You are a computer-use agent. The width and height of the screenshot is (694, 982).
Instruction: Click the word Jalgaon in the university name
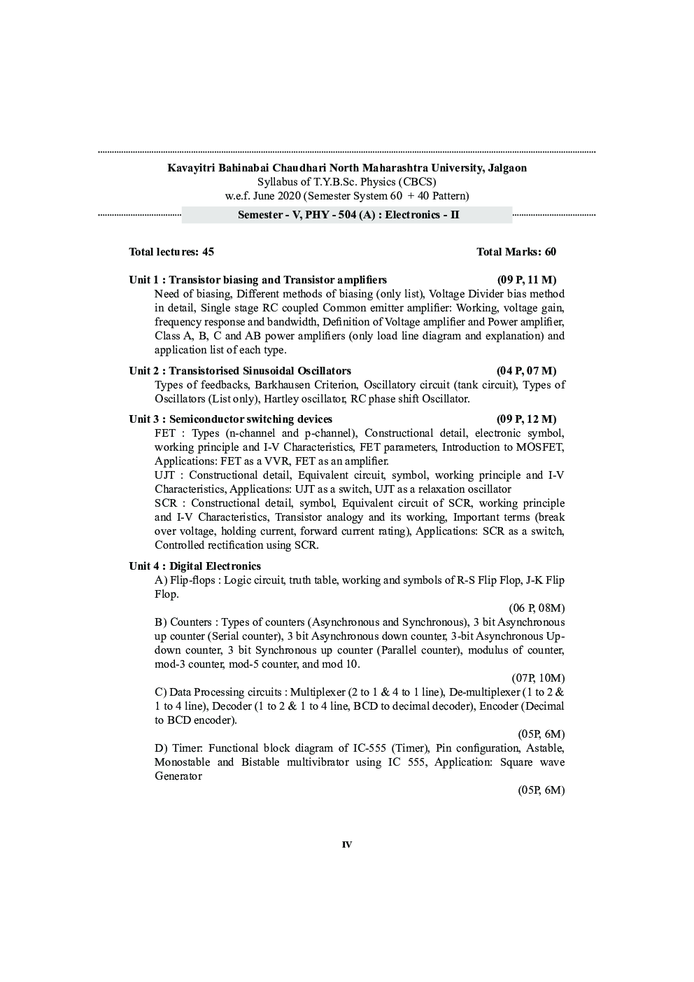click(x=504, y=168)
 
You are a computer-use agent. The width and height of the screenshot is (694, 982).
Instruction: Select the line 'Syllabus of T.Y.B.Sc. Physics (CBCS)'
click(x=346, y=182)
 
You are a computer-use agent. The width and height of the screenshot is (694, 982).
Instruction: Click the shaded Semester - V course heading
click(x=348, y=215)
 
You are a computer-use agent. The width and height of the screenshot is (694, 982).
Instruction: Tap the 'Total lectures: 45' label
click(x=171, y=252)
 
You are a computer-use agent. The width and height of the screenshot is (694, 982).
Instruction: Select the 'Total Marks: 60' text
click(x=516, y=252)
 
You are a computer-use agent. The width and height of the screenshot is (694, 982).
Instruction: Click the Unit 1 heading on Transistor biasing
click(x=257, y=280)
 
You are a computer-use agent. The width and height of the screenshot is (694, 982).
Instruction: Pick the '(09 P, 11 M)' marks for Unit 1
click(x=526, y=280)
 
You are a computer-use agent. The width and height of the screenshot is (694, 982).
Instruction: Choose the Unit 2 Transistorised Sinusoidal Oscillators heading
click(x=240, y=371)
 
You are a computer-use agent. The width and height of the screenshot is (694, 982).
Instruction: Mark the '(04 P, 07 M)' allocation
click(x=526, y=371)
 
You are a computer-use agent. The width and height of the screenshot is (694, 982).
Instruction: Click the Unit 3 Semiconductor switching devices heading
click(x=230, y=419)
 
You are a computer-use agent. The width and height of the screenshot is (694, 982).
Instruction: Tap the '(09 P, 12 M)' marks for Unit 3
click(x=526, y=419)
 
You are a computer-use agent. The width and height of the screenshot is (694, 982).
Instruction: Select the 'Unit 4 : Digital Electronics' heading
click(x=194, y=566)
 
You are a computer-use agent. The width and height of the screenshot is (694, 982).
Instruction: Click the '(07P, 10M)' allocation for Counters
click(x=538, y=678)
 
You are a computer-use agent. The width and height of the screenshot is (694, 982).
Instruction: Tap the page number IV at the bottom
click(x=346, y=845)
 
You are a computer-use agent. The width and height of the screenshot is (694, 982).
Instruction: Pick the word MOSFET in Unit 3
click(x=540, y=447)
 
